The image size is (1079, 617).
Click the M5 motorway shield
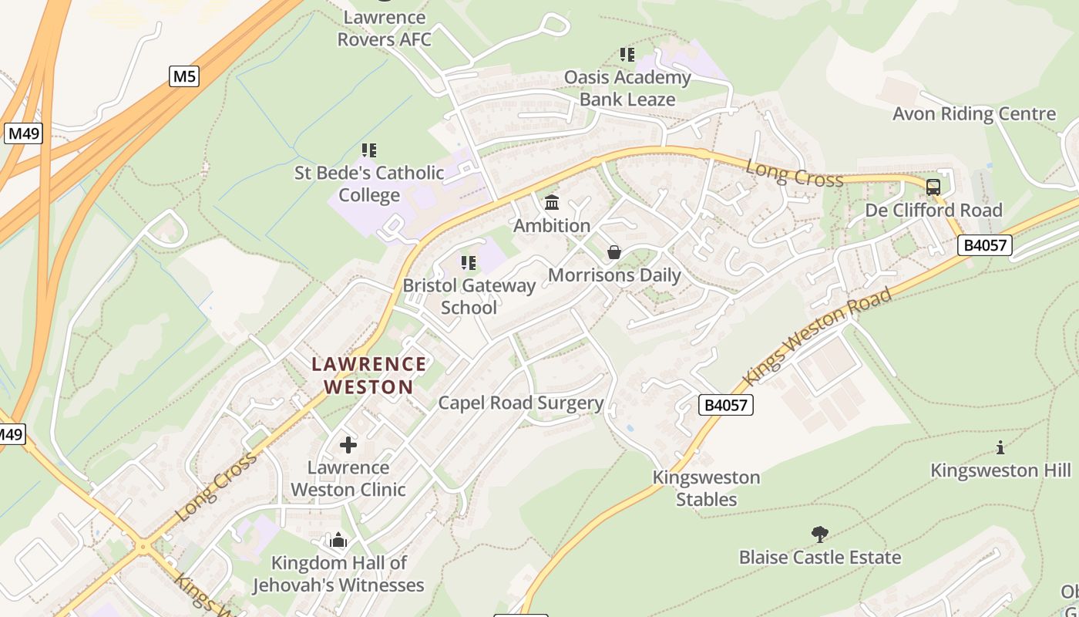[x=184, y=76]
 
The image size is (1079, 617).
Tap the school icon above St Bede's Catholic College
[x=369, y=150]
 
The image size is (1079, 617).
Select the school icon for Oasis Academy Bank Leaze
[x=627, y=55]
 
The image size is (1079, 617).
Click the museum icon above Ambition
[x=552, y=203]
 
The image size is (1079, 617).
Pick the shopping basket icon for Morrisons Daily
[x=614, y=252]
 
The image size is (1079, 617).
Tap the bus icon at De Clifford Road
[x=933, y=187]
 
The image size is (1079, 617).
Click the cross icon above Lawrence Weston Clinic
[x=348, y=445]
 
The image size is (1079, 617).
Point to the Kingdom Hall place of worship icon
[x=338, y=540]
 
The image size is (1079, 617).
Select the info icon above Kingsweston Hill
[x=1000, y=447]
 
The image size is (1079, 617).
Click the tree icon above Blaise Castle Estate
[x=820, y=534]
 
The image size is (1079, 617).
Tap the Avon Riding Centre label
[x=974, y=114]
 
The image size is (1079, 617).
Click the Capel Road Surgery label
[x=520, y=403]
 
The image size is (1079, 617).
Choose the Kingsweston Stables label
[x=706, y=488]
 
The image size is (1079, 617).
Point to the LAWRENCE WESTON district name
[x=368, y=375]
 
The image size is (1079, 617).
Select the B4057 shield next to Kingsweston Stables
[x=726, y=405]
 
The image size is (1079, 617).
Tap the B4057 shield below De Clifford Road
[x=984, y=245]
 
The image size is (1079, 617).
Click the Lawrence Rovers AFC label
[x=384, y=28]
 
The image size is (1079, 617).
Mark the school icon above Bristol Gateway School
[x=469, y=263]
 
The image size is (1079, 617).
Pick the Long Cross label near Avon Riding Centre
[x=794, y=174]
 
